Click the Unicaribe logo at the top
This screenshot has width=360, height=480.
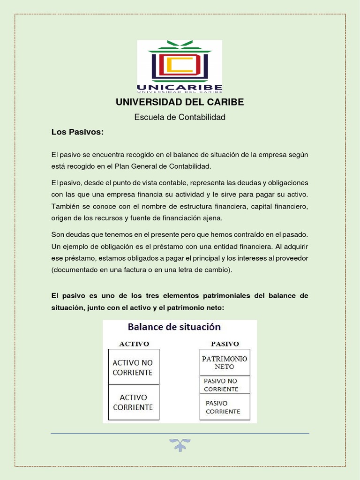click(180, 66)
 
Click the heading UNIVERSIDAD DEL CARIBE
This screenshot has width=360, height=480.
click(180, 102)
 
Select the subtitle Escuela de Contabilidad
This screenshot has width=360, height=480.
click(180, 117)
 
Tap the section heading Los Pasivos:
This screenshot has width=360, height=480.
click(77, 132)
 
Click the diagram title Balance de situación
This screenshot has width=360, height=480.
click(180, 327)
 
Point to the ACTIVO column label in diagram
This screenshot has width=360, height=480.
click(134, 344)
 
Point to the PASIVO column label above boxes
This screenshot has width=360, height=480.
click(225, 344)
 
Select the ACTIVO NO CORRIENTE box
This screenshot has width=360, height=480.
click(134, 367)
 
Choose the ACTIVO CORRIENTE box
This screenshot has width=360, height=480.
click(134, 402)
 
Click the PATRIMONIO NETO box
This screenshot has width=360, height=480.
click(225, 362)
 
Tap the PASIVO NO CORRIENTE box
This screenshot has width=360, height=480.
click(225, 385)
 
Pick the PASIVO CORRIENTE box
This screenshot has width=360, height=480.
click(225, 406)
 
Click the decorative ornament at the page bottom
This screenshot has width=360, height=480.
click(180, 445)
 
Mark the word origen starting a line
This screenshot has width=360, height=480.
click(62, 218)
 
